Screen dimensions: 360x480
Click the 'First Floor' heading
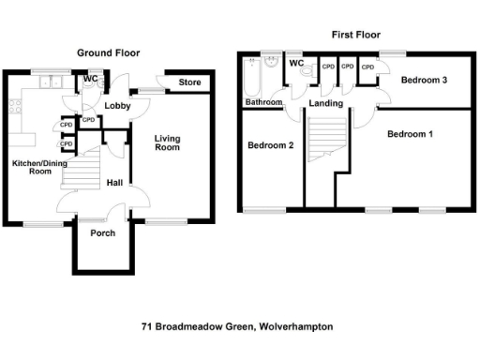[x=355, y=35]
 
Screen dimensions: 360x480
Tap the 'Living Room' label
[x=167, y=143]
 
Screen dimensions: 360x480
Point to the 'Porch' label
[x=102, y=232]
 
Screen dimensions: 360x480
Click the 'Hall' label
[x=114, y=183]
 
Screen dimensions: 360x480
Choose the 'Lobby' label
[x=117, y=106]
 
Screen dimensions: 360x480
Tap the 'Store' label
[x=190, y=83]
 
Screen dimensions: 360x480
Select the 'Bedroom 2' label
[x=271, y=145]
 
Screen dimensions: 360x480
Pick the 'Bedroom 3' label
[x=424, y=81]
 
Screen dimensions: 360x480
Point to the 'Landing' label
[x=326, y=103]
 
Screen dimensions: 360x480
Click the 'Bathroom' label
[x=263, y=101]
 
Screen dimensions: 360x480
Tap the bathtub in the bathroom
[x=251, y=75]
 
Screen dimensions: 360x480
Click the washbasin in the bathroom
[x=271, y=67]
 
